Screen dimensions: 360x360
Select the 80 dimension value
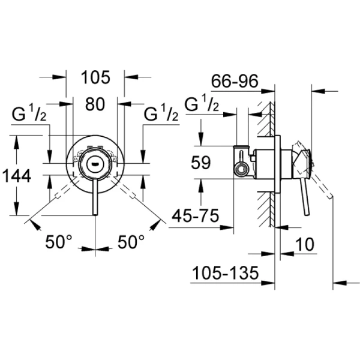95,104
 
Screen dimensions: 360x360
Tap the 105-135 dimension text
225,274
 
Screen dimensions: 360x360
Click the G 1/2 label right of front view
161,113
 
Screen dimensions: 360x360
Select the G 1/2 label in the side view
202,104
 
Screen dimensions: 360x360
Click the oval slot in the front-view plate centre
95,163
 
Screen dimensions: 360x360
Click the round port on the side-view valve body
242,168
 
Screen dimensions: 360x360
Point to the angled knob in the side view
301,161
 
